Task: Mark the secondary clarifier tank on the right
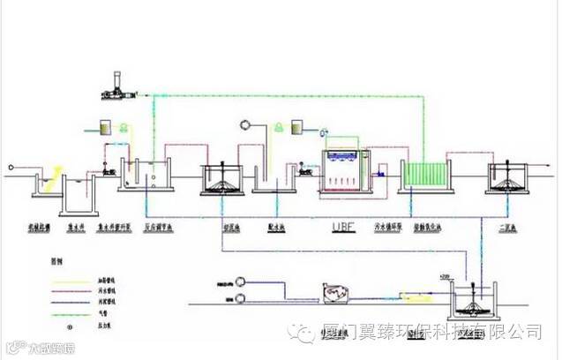(506, 176)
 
